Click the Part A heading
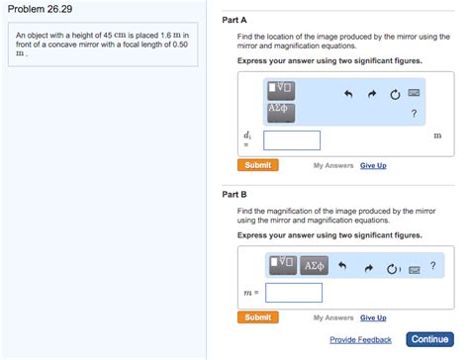(x=234, y=20)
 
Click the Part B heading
(x=234, y=194)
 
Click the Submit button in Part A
(x=257, y=165)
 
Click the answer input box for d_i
(x=292, y=140)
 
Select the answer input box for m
(x=294, y=293)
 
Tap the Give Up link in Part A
(x=373, y=165)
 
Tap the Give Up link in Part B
(x=373, y=317)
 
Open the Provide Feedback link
(x=360, y=340)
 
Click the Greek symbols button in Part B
(x=314, y=265)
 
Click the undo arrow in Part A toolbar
(x=347, y=95)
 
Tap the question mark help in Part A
(x=414, y=113)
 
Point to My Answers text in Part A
(x=332, y=165)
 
